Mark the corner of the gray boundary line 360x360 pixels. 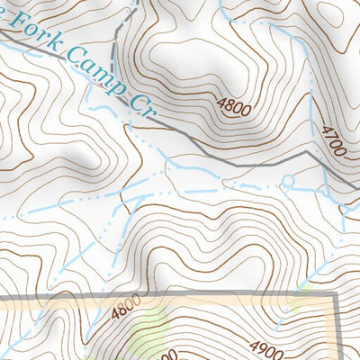pos(336,294)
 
